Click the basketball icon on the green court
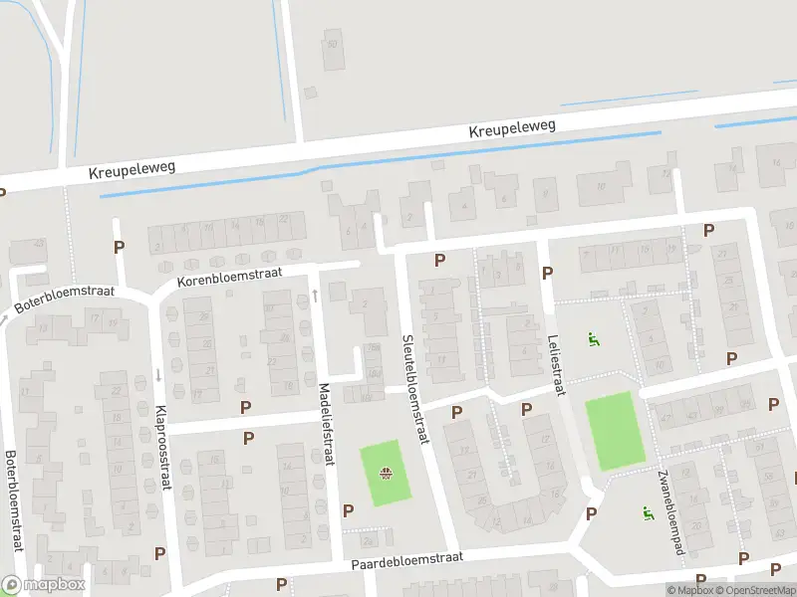386,473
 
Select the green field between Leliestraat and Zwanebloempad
614,430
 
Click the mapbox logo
42,585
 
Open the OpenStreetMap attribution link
751,590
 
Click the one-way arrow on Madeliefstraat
315,295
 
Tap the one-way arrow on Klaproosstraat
157,376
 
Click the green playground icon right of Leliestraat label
595,338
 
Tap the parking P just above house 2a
348,510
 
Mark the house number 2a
368,541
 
